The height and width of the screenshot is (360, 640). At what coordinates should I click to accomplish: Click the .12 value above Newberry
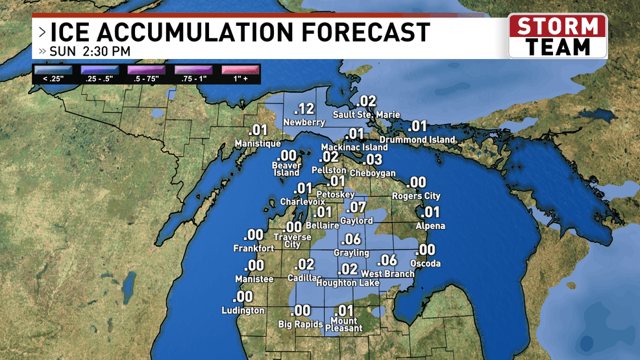[304, 109]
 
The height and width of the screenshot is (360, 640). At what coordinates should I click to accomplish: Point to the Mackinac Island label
[354, 147]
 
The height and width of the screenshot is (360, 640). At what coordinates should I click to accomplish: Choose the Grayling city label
[351, 252]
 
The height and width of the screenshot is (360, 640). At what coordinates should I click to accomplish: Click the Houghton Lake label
[345, 283]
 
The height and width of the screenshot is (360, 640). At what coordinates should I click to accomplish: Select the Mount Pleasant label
[344, 324]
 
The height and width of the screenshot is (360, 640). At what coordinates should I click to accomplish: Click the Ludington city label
[243, 310]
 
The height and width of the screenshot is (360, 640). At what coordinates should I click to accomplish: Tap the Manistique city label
[258, 143]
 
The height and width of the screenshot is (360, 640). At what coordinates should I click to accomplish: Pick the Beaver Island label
[286, 169]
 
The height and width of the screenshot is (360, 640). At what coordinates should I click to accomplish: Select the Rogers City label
[416, 196]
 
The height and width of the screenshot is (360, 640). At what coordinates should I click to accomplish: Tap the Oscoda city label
[426, 263]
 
